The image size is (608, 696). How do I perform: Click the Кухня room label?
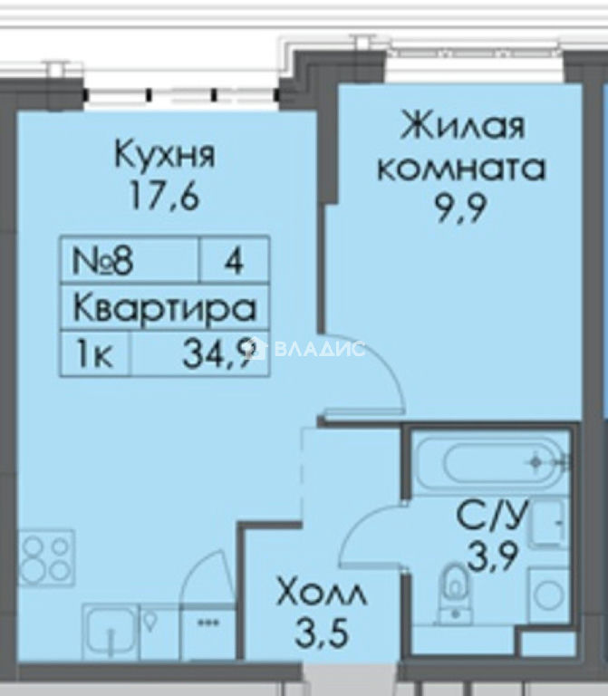[165, 154]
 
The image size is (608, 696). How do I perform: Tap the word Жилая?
[462, 126]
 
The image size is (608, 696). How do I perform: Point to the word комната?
[461, 169]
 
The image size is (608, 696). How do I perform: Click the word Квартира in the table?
[165, 307]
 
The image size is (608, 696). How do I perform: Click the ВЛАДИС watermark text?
[320, 349]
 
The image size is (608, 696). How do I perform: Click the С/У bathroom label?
[492, 516]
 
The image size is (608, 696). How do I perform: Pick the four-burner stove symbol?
[46, 557]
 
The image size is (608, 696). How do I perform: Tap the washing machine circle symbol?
[548, 594]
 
